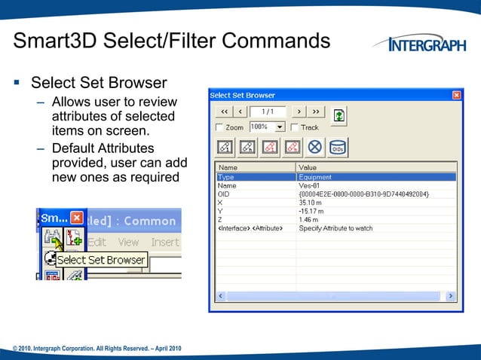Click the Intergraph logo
point(427,44)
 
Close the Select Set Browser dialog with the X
point(456,96)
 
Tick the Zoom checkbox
point(219,127)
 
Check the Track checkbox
point(295,127)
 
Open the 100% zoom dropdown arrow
point(280,127)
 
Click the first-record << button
point(223,111)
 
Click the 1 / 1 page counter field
point(268,111)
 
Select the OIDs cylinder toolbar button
point(337,148)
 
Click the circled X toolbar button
point(314,148)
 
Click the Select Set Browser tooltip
point(100,260)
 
